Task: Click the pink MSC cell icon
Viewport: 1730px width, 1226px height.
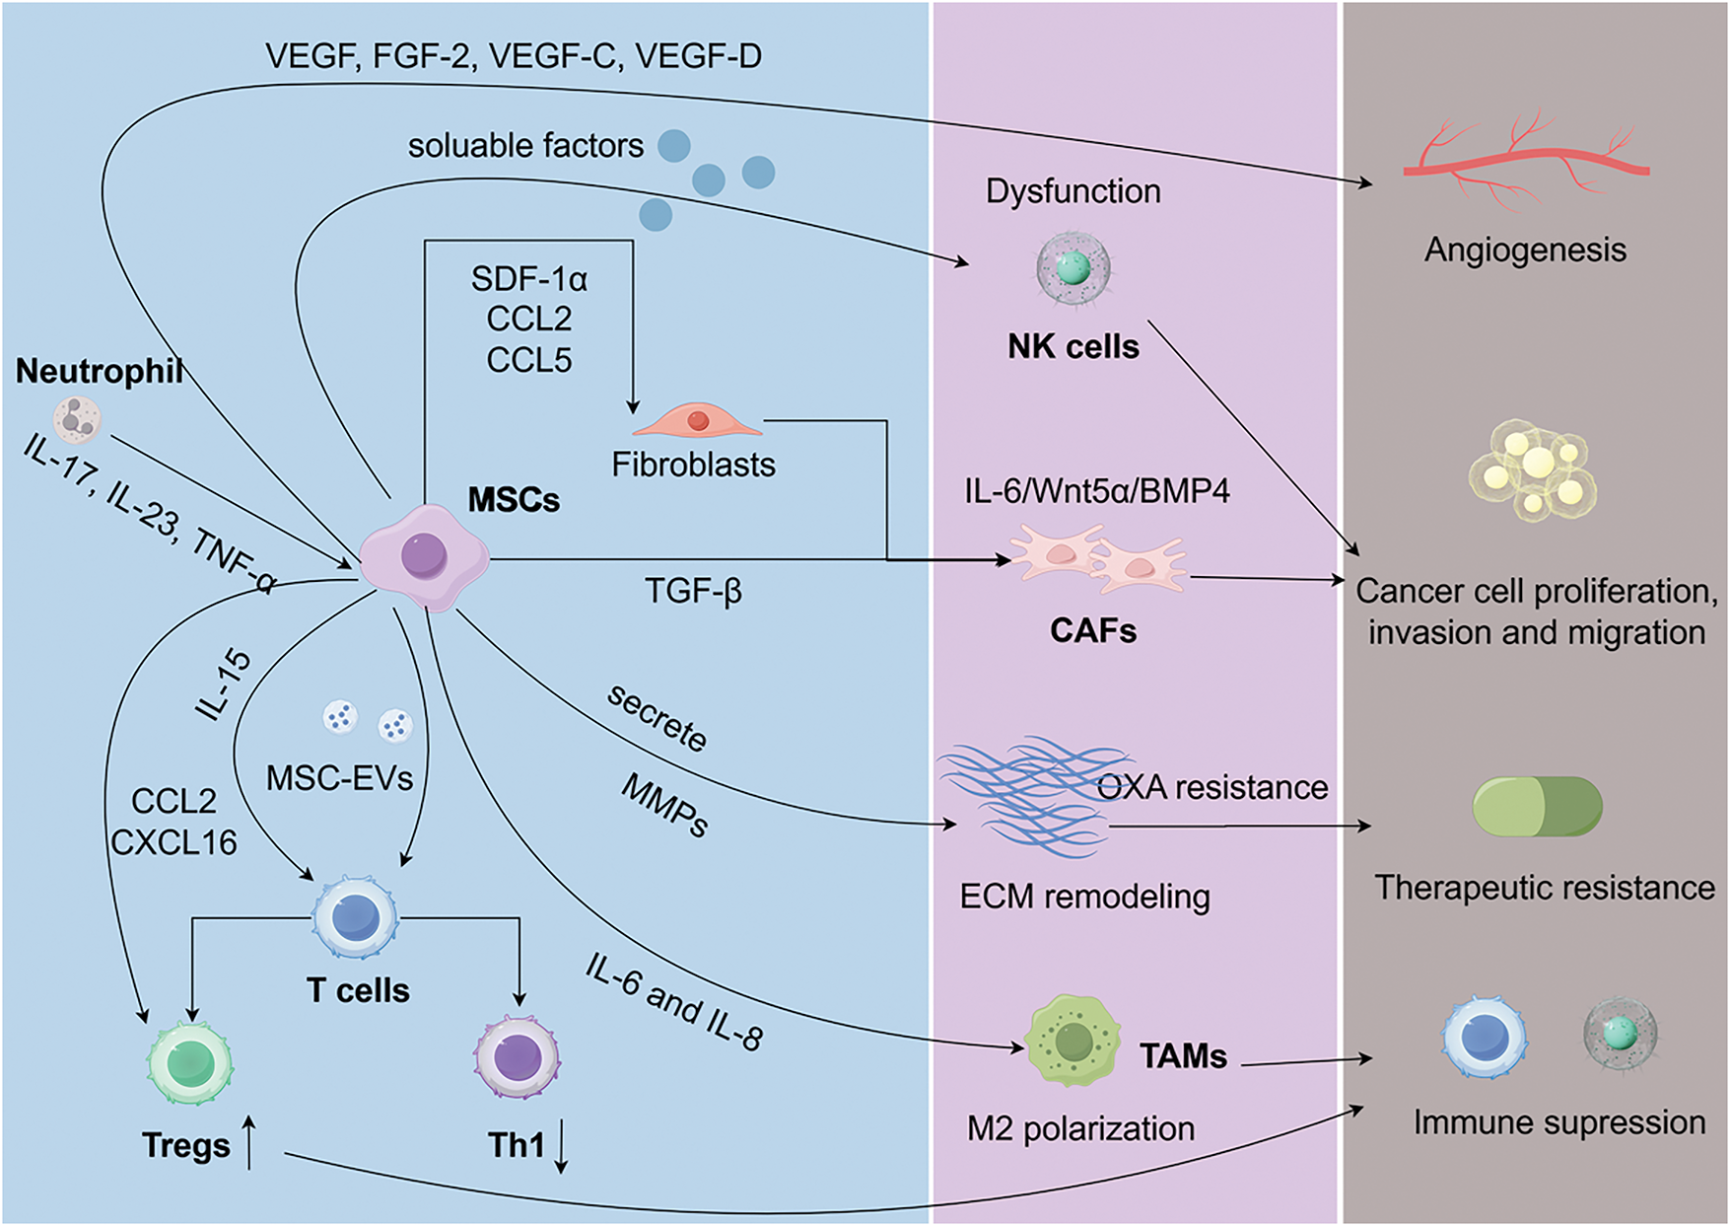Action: [x=425, y=557]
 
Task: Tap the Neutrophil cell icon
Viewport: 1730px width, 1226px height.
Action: [x=77, y=419]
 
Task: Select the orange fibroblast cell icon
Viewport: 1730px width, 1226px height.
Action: [x=698, y=421]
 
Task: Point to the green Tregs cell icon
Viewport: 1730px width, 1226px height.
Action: [x=188, y=1063]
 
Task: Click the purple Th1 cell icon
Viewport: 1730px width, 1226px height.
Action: [x=518, y=1058]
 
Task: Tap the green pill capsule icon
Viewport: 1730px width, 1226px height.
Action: [x=1537, y=806]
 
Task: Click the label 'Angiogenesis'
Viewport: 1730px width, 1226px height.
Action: [x=1525, y=250]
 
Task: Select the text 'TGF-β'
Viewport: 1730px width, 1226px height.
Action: [x=693, y=591]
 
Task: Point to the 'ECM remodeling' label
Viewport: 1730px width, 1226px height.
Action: [x=1084, y=897]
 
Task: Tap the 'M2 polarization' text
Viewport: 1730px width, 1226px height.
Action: [x=1080, y=1128]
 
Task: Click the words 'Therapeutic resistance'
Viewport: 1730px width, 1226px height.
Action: [x=1545, y=888]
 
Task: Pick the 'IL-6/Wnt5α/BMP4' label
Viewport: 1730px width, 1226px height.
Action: [x=1096, y=490]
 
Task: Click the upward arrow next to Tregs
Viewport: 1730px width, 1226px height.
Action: [x=249, y=1143]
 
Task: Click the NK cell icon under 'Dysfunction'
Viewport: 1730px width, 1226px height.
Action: [x=1073, y=267]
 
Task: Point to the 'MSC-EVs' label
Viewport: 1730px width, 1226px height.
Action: [x=339, y=778]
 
